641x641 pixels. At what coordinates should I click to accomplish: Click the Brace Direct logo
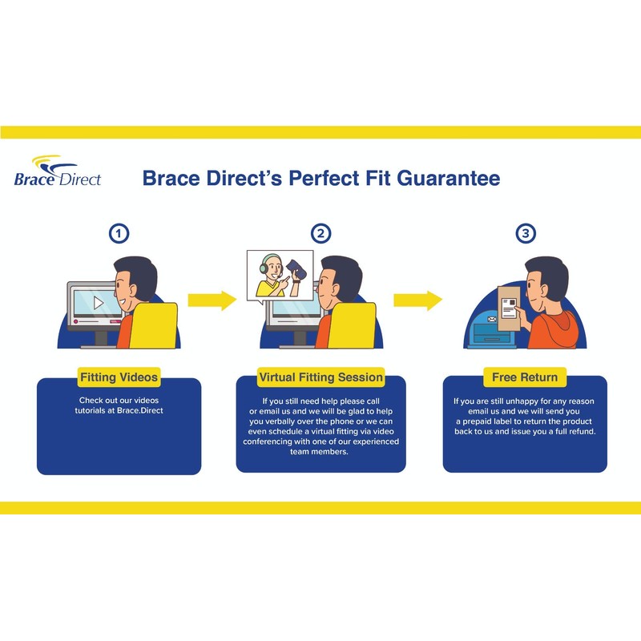57,171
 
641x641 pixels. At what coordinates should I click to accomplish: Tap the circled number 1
119,234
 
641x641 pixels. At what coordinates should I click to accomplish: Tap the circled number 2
320,234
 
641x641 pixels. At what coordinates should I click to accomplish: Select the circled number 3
526,234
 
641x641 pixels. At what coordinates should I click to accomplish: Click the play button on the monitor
97,303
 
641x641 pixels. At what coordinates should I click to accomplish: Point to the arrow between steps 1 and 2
212,300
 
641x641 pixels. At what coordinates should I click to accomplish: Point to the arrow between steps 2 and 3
417,300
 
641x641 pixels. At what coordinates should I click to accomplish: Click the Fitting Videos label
119,377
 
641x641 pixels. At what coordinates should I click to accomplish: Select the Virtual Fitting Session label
320,377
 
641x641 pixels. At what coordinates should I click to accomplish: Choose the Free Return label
525,377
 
